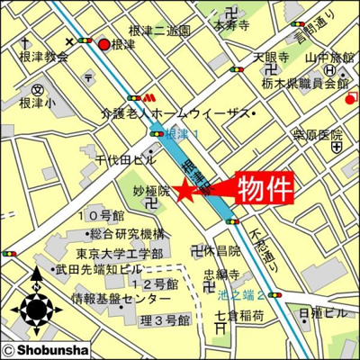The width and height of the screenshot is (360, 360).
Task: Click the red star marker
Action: tap(183, 190)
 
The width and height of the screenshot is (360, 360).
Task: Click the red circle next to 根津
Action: tap(103, 44)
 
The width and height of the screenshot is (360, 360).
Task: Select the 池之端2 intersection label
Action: tap(241, 294)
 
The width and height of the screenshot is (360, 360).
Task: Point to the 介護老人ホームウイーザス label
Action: tap(171, 114)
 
